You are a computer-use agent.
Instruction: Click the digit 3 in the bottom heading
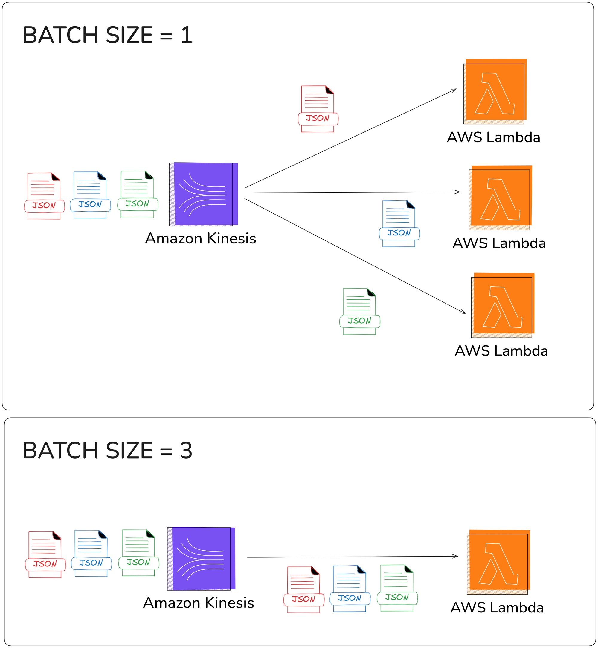pyautogui.click(x=186, y=451)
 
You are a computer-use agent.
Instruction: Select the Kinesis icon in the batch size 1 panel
pyautogui.click(x=204, y=194)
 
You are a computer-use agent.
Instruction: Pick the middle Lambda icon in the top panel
pyautogui.click(x=501, y=197)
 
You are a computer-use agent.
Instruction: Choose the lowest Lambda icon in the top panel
pyautogui.click(x=503, y=305)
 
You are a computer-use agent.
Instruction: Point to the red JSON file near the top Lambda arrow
pyautogui.click(x=318, y=109)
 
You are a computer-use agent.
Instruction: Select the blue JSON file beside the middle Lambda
pyautogui.click(x=399, y=224)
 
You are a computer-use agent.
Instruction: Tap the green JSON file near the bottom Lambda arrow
pyautogui.click(x=359, y=311)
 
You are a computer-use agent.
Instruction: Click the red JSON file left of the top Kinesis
pyautogui.click(x=44, y=196)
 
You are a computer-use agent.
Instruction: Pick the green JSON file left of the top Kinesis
pyautogui.click(x=138, y=194)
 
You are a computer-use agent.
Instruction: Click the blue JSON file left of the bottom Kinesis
pyautogui.click(x=91, y=553)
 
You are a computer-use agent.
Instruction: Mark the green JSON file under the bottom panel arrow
pyautogui.click(x=397, y=588)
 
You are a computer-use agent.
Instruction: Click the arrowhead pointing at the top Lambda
pyautogui.click(x=455, y=90)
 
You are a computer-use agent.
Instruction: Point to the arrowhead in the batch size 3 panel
pyautogui.click(x=456, y=556)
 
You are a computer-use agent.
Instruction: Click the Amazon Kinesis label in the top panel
pyautogui.click(x=200, y=238)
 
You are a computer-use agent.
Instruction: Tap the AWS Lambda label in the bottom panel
pyautogui.click(x=497, y=608)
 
